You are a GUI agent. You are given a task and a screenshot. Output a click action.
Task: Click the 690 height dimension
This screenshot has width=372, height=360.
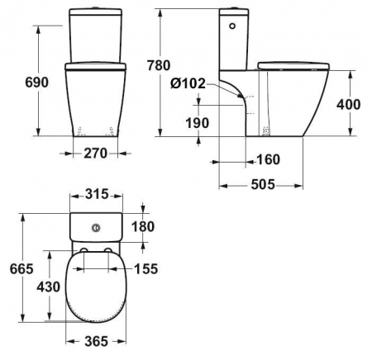point(19,82)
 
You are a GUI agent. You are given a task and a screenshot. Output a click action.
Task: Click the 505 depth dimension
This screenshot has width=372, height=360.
point(260,186)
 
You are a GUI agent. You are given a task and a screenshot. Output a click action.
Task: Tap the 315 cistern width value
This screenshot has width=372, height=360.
point(96,195)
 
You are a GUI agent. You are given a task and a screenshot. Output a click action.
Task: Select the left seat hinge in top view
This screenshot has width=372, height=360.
point(84,250)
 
